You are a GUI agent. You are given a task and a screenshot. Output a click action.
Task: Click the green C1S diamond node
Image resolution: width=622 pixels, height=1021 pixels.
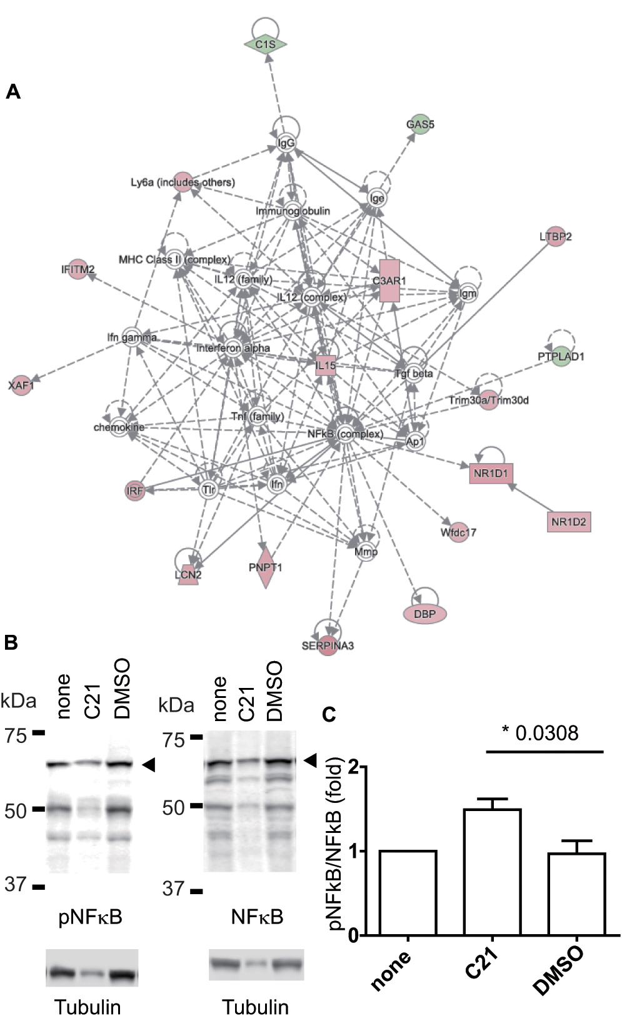pos(265,44)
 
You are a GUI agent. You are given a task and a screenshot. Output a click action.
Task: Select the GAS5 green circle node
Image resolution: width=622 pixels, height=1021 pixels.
pos(420,124)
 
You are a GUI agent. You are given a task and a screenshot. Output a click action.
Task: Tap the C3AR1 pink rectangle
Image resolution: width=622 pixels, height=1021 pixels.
pos(389,281)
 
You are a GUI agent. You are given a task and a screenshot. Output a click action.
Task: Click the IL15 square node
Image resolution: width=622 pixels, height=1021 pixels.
pos(325,366)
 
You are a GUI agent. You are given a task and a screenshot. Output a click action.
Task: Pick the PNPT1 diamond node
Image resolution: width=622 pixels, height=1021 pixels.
pos(266,567)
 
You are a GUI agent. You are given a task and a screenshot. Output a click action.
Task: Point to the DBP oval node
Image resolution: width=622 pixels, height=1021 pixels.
pos(425,614)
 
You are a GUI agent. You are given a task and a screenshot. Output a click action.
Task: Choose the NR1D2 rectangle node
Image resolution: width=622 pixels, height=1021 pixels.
pos(569,522)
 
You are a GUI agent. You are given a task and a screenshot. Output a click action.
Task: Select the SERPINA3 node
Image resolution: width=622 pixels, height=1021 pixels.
pos(328,645)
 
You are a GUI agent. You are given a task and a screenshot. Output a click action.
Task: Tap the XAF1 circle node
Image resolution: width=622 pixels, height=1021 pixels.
pos(21,386)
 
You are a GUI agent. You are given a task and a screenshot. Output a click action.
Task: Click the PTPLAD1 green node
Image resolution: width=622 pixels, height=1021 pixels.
pos(561,357)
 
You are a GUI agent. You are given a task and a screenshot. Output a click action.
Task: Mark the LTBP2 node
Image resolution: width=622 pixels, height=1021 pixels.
pos(555,237)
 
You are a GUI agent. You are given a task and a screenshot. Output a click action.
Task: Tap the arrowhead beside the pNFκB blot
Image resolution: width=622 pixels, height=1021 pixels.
pos(148,764)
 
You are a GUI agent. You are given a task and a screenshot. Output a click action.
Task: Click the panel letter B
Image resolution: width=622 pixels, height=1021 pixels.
pos(11,643)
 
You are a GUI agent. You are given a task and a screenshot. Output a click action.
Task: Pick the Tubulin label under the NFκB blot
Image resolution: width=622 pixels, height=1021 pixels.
pos(255,1007)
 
